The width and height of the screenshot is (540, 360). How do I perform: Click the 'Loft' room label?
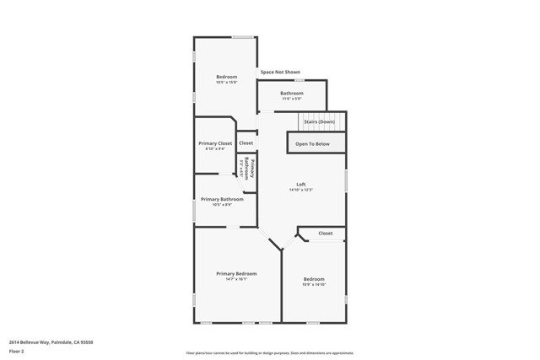coord(300,185)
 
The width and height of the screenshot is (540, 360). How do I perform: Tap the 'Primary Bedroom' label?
coord(236,274)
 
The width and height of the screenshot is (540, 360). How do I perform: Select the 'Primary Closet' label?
coord(215,143)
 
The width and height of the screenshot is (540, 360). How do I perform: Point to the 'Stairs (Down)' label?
coord(319,122)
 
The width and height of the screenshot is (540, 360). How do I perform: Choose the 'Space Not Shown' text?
coord(280,73)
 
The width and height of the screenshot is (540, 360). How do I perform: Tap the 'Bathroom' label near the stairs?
coord(292,93)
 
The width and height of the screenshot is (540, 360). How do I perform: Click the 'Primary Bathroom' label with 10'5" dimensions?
coord(222,199)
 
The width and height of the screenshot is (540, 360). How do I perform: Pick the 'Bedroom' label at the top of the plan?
coord(226,77)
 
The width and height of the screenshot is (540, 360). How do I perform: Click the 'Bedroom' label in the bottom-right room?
coord(314,279)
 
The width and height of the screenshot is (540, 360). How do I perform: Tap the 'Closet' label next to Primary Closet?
coord(246,143)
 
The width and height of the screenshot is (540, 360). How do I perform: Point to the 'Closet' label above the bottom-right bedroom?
coord(325,234)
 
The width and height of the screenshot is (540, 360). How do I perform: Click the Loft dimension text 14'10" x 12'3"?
coord(300,191)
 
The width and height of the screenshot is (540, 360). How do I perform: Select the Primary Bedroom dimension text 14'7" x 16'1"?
coord(235,280)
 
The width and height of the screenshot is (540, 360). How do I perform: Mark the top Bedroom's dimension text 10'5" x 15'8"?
coord(226,83)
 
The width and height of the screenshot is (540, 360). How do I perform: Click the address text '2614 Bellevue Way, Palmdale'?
coord(51,342)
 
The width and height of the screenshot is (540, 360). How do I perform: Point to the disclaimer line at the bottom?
coord(269,353)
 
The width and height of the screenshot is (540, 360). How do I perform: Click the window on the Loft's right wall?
coord(346,180)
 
